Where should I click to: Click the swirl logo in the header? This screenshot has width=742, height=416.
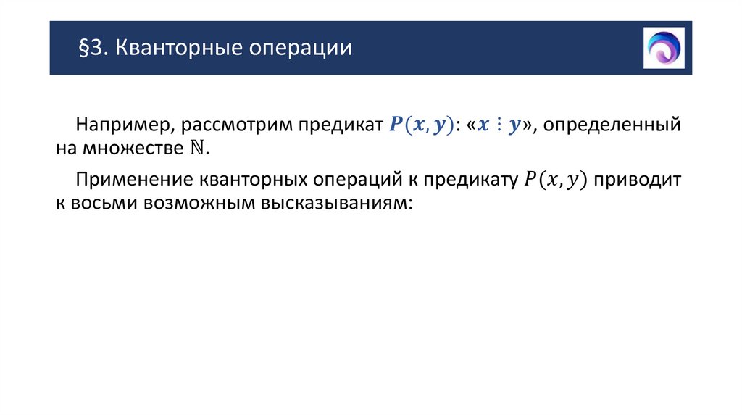[x=664, y=48]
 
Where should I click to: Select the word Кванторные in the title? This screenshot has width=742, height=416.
[x=173, y=49]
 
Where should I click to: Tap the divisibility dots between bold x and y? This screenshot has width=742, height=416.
[x=499, y=125]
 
